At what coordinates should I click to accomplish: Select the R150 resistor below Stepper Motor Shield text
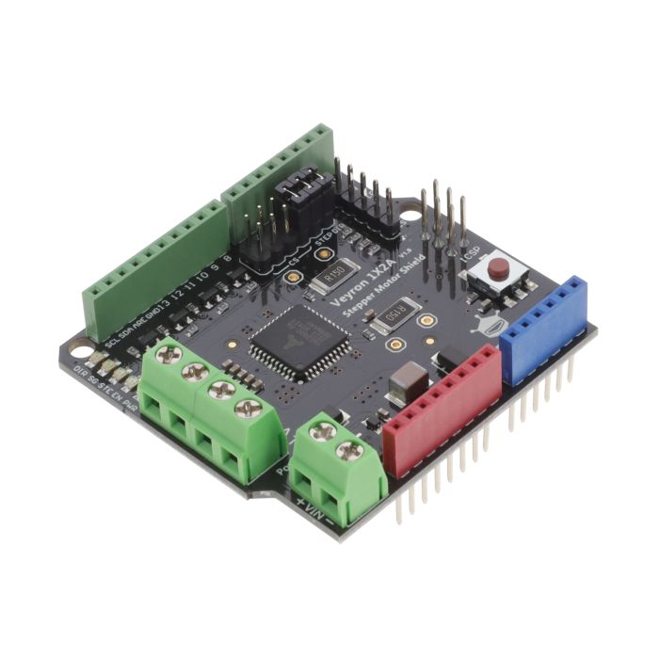pos(397,312)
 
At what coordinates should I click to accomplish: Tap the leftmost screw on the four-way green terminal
pos(170,355)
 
